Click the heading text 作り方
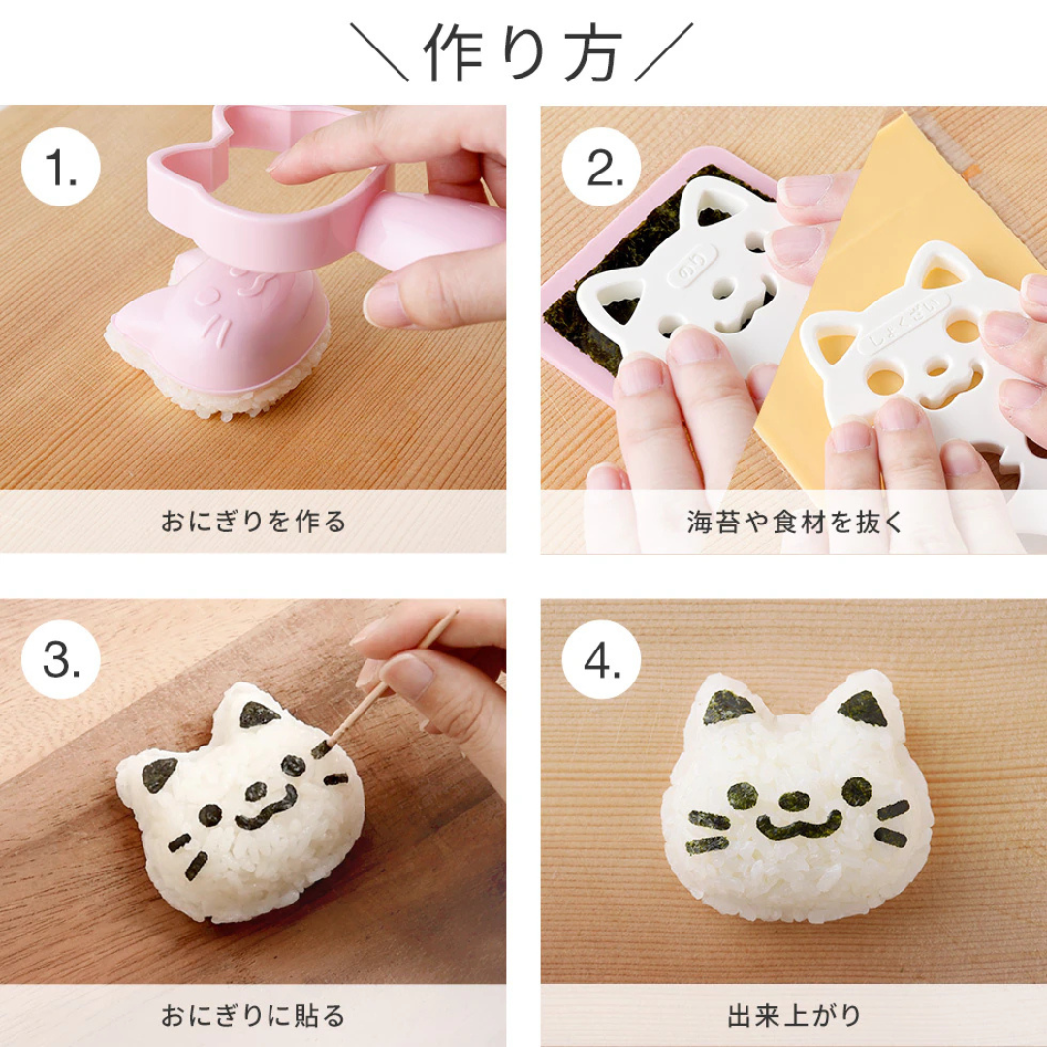point(523,53)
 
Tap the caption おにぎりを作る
point(253,523)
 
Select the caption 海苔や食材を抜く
point(794,523)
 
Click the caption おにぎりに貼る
point(253,1016)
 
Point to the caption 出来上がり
point(794,1016)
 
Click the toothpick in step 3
point(388,682)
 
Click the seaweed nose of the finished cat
point(795,801)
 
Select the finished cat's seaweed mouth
point(798,827)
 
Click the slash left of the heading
point(380,53)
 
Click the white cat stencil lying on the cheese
point(921,349)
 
